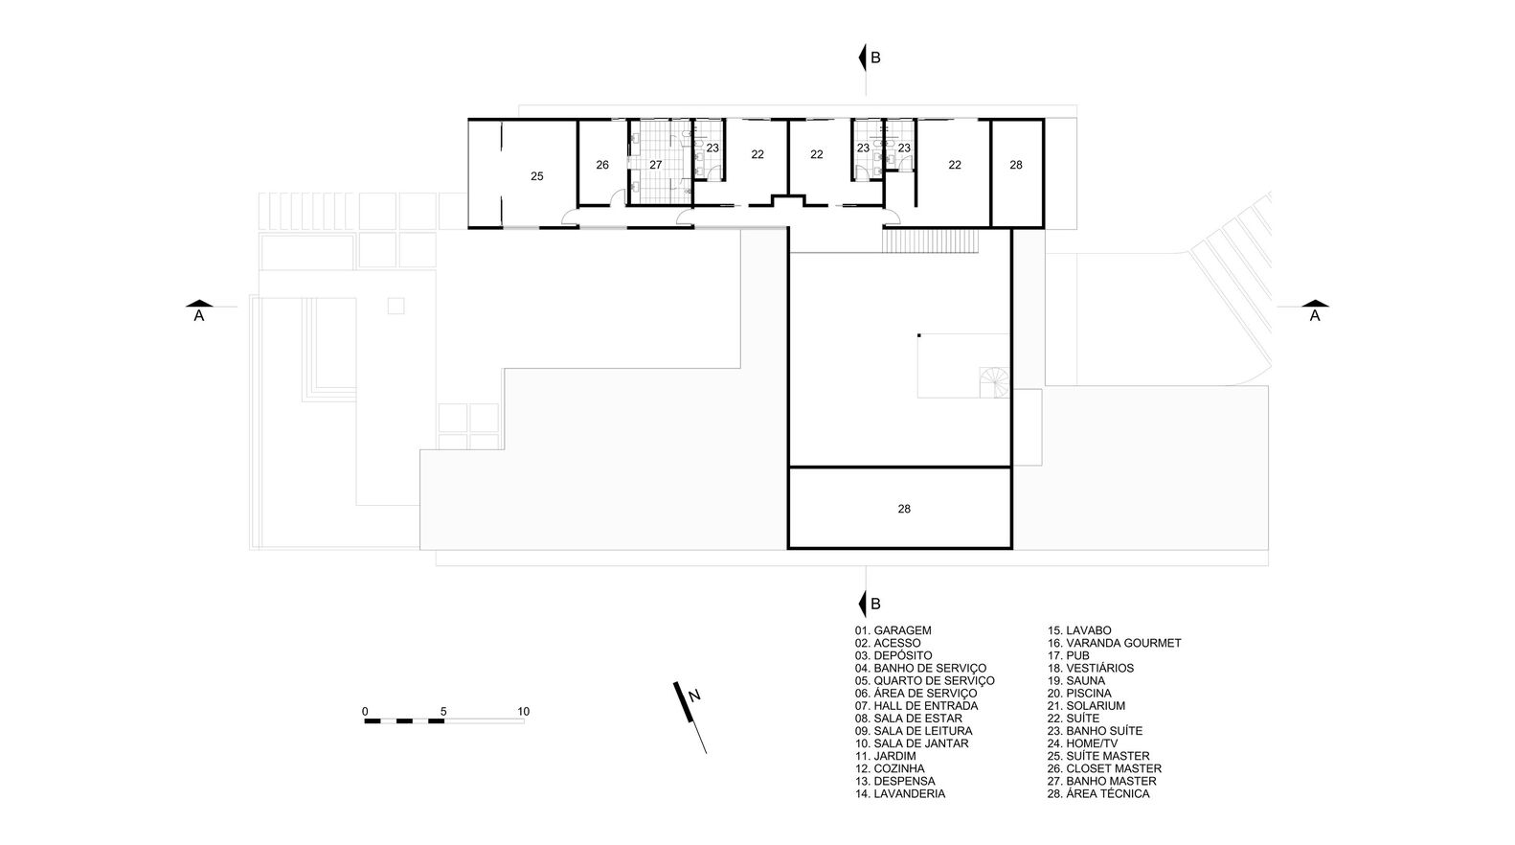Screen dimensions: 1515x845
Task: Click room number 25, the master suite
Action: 536,176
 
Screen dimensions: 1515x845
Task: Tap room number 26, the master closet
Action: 602,165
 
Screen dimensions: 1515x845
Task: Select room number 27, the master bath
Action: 655,165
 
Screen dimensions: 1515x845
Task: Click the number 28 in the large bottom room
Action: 904,509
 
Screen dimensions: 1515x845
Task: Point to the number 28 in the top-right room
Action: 1016,165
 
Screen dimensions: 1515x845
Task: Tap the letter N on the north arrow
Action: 694,696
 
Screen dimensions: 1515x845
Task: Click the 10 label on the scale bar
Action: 524,712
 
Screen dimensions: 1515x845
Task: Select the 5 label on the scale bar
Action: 443,712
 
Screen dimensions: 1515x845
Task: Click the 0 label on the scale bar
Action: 365,712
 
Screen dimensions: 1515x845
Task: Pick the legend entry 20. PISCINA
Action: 1079,694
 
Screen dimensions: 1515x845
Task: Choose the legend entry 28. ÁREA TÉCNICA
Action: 1098,793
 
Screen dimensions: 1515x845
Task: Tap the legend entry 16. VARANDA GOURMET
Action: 1115,644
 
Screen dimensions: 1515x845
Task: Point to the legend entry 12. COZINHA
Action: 890,768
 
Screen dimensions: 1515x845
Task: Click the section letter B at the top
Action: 875,58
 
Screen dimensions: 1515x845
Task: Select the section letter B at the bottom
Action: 875,604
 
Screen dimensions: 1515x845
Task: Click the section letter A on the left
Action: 199,316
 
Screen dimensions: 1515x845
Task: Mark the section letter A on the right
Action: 1315,316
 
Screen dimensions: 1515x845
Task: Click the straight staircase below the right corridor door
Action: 930,240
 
